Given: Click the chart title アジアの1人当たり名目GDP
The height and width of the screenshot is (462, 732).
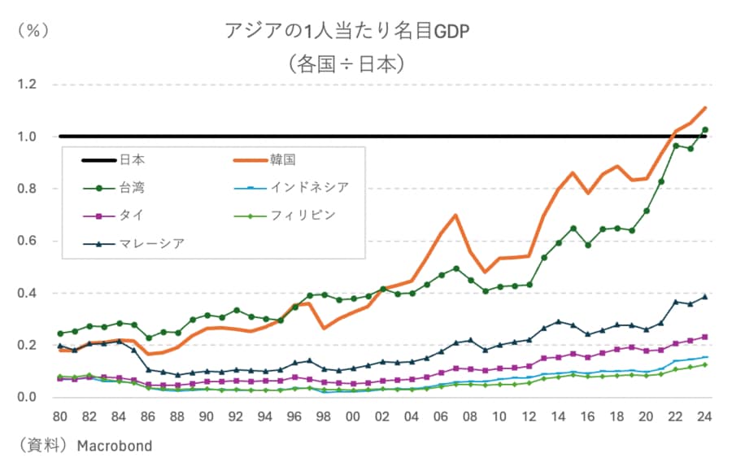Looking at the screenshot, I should pyautogui.click(x=348, y=32).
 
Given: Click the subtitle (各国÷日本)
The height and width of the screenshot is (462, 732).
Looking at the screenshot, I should pyautogui.click(x=348, y=63).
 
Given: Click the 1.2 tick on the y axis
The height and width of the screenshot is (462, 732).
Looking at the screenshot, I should pyautogui.click(x=28, y=85).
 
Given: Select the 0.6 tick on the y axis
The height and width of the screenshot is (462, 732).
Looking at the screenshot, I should pyautogui.click(x=28, y=241).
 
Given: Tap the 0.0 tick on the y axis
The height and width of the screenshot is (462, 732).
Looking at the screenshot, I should pyautogui.click(x=28, y=397).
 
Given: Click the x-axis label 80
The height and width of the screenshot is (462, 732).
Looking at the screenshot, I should pyautogui.click(x=59, y=416).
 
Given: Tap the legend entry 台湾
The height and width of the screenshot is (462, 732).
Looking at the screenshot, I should pyautogui.click(x=133, y=188).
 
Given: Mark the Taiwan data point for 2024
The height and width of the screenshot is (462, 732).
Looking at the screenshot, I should pyautogui.click(x=705, y=129).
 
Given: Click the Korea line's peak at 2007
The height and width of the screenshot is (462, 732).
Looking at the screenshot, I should pyautogui.click(x=455, y=216).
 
